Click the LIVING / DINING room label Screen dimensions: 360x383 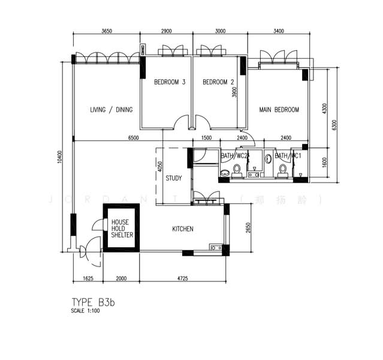point(111,110)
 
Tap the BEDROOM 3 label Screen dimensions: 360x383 point(169,82)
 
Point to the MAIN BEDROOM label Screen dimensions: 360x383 point(279,110)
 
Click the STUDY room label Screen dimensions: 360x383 point(174,178)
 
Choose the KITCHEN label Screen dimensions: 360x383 point(182,229)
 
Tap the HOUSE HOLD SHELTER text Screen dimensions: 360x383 point(122,229)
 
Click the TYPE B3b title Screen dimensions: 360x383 point(92,302)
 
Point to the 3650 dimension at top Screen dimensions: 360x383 point(107,31)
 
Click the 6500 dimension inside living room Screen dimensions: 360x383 point(134,138)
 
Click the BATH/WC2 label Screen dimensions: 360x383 point(234,157)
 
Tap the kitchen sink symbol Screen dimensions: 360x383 point(215,247)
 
